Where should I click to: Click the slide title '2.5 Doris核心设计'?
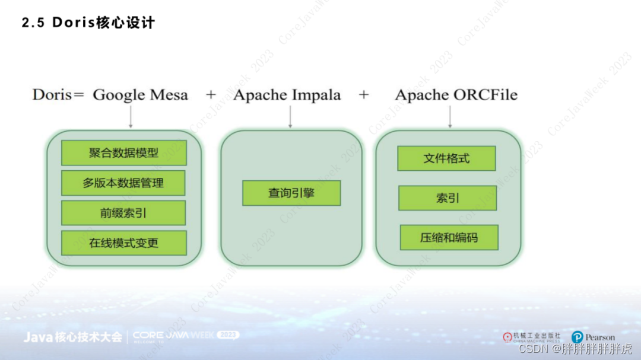pyautogui.click(x=88, y=23)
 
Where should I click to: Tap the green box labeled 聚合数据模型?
pyautogui.click(x=123, y=153)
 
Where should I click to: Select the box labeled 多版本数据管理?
pyautogui.click(x=123, y=183)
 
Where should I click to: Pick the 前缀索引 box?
pyautogui.click(x=123, y=213)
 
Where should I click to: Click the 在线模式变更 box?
pyautogui.click(x=123, y=243)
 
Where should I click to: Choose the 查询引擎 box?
pyautogui.click(x=291, y=193)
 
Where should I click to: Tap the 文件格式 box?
pyautogui.click(x=446, y=159)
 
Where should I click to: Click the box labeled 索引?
pyautogui.click(x=448, y=198)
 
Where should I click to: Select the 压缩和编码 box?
pyautogui.click(x=449, y=238)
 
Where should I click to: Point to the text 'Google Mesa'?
pyautogui.click(x=141, y=95)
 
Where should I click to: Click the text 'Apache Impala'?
pyautogui.click(x=287, y=95)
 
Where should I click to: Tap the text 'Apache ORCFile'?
pyautogui.click(x=456, y=95)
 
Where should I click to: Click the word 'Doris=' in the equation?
pyautogui.click(x=58, y=95)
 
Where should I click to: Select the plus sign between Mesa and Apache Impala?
pyautogui.click(x=211, y=95)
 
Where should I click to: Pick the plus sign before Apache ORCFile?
pyautogui.click(x=364, y=95)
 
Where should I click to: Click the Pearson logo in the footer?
pyautogui.click(x=593, y=337)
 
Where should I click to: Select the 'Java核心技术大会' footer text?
pyautogui.click(x=72, y=337)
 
